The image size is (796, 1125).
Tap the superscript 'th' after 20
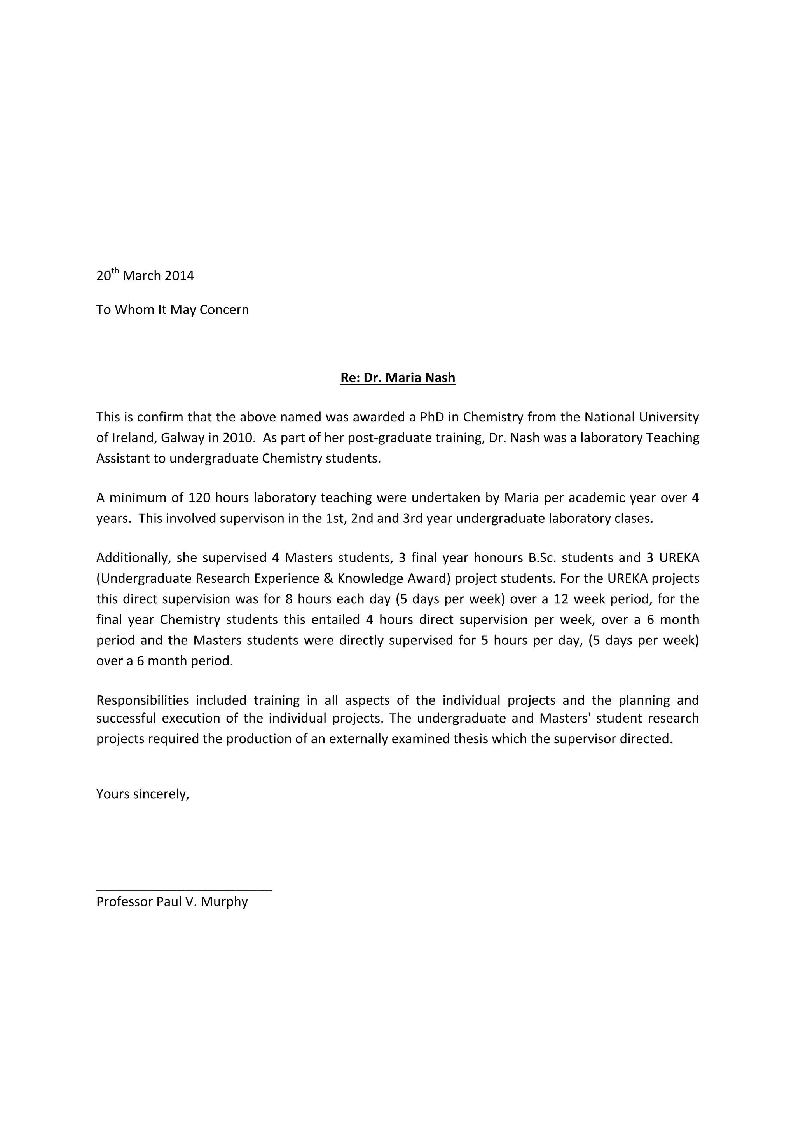(115, 270)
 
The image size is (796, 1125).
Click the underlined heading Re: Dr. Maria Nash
(398, 378)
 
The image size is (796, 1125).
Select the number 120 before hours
(199, 498)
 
